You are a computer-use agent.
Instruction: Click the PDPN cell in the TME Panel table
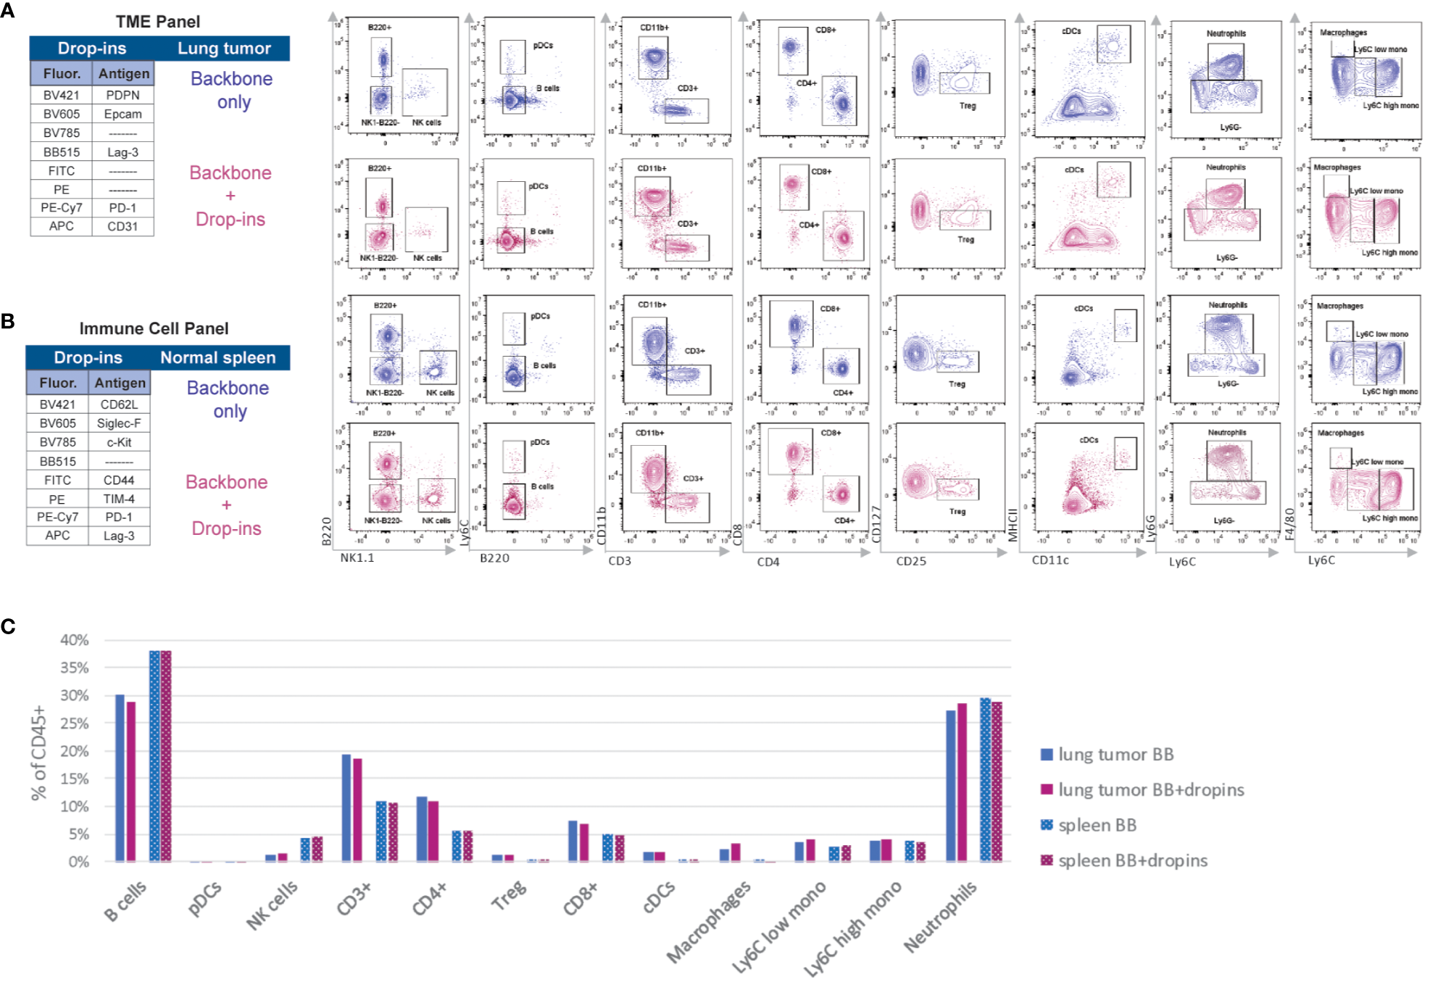point(122,95)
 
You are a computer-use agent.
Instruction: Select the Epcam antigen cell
point(122,114)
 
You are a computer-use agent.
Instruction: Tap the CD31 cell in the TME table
point(122,226)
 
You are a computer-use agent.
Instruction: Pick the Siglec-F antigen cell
point(119,423)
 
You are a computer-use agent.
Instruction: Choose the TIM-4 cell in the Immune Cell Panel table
point(119,499)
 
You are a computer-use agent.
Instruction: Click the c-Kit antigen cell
point(119,442)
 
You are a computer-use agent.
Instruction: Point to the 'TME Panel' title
point(157,22)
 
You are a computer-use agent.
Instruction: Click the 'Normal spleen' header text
point(217,357)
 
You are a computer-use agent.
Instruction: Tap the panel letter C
point(9,626)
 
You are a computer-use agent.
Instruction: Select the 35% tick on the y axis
point(74,668)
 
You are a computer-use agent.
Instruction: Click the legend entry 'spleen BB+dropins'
point(1132,860)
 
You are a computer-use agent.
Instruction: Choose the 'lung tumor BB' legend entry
point(1115,755)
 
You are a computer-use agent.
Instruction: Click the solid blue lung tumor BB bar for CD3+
point(346,807)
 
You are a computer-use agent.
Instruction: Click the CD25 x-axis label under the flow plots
point(911,561)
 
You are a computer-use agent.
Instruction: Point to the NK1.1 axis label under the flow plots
point(357,558)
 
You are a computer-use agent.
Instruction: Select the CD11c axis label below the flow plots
point(1050,560)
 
